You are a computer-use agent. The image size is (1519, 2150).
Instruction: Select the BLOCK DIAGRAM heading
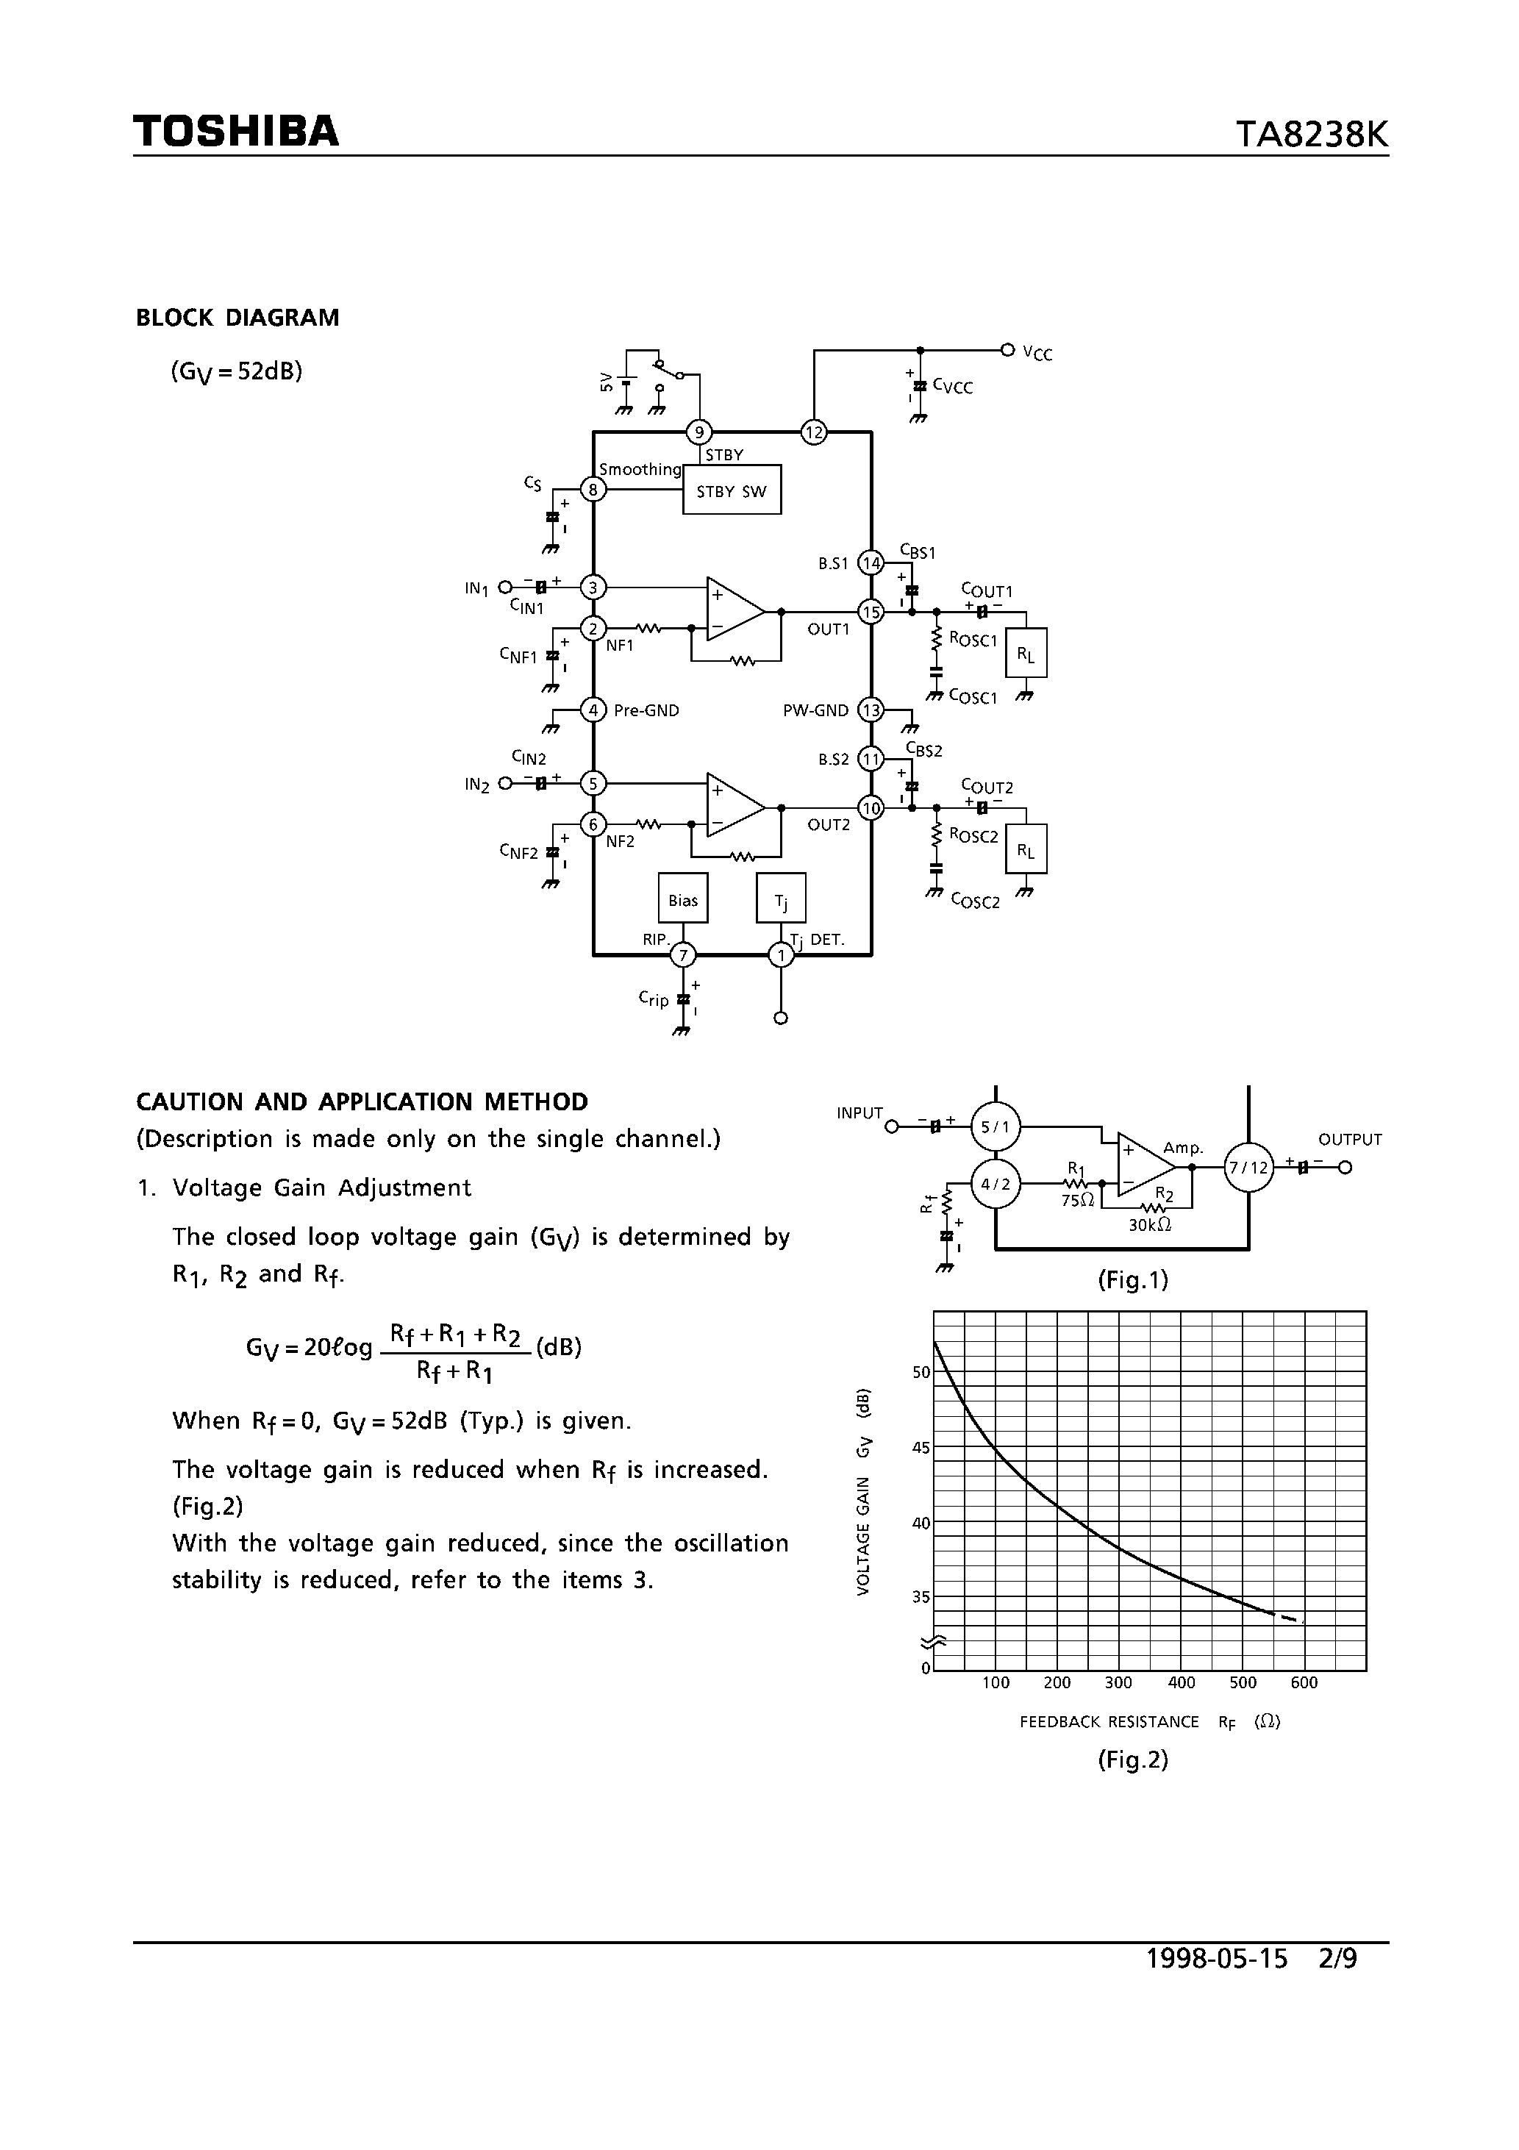click(237, 318)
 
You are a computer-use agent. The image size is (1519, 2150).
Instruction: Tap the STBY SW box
click(732, 490)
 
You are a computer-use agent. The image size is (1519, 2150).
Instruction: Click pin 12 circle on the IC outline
click(814, 432)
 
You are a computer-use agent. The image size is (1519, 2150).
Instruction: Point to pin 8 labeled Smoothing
click(593, 489)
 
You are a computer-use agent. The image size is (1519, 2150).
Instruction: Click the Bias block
click(683, 900)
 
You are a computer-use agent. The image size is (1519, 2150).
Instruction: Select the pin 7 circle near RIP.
click(684, 955)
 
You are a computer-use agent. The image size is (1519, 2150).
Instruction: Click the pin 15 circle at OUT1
click(872, 612)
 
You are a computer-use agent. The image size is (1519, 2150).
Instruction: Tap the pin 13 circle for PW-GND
click(872, 710)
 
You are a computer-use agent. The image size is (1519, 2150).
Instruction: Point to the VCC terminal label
click(1037, 353)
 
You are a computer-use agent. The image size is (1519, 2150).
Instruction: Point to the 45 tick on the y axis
click(921, 1448)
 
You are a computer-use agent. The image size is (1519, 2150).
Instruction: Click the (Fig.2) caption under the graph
click(1133, 1760)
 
